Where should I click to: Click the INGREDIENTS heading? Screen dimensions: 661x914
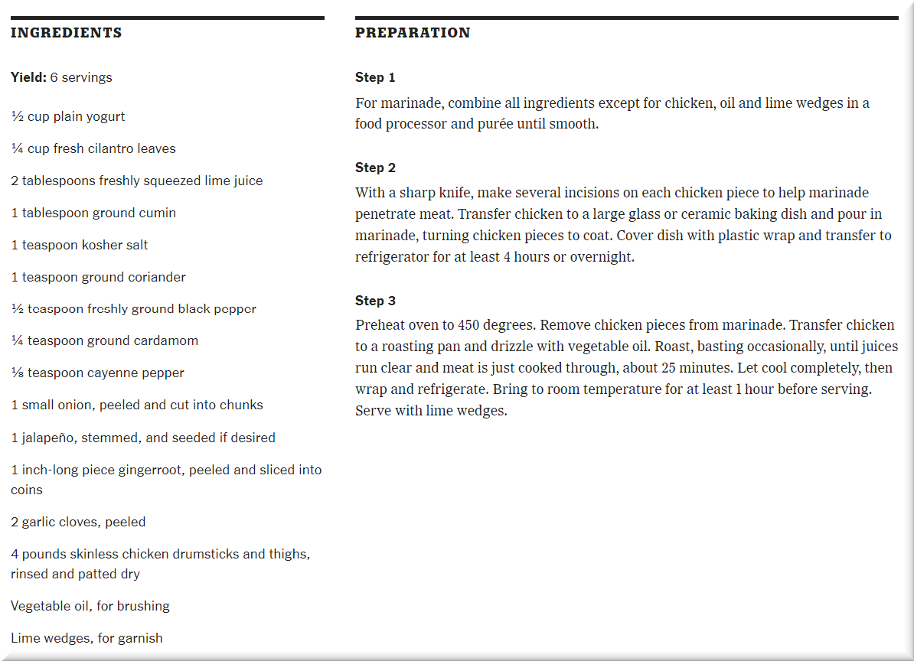pyautogui.click(x=66, y=33)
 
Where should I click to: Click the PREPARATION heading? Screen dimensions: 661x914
pyautogui.click(x=413, y=33)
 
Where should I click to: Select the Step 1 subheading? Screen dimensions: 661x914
pyautogui.click(x=375, y=77)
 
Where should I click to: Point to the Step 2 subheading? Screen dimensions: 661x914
pyautogui.click(x=375, y=168)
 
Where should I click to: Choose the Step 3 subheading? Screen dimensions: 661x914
pyautogui.click(x=375, y=301)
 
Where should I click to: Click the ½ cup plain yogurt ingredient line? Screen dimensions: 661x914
pyautogui.click(x=68, y=116)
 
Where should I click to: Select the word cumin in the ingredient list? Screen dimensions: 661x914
pyautogui.click(x=157, y=213)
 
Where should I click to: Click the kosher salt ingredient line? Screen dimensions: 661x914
pyautogui.click(x=80, y=245)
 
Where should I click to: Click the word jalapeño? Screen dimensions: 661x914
pyautogui.click(x=50, y=438)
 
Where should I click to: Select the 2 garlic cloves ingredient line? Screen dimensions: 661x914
pyautogui.click(x=78, y=522)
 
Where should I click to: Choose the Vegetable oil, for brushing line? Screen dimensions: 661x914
pyautogui.click(x=90, y=606)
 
